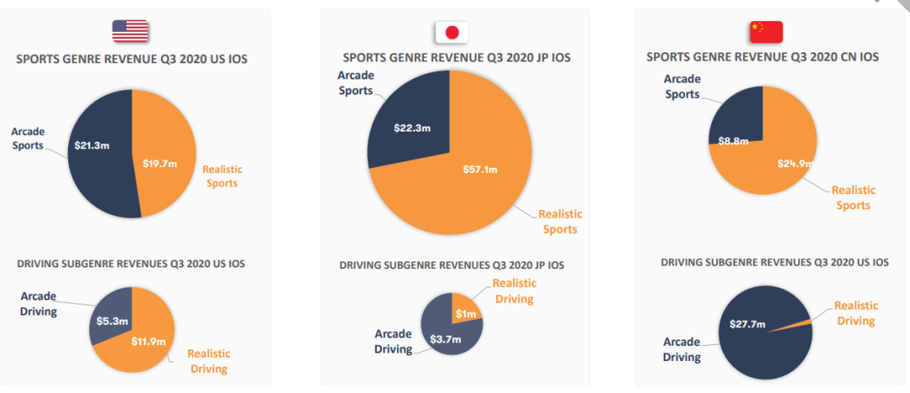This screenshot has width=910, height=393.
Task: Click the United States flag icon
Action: click(x=131, y=31)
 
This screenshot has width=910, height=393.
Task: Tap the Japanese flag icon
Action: click(x=452, y=32)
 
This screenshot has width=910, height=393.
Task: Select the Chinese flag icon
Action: click(x=766, y=31)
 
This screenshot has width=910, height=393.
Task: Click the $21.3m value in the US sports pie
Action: click(x=93, y=145)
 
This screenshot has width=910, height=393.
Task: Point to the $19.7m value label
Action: click(x=161, y=163)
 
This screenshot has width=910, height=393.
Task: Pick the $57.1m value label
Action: click(x=480, y=170)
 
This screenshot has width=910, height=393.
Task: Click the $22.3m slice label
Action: click(x=411, y=127)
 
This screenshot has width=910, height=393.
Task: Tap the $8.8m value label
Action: click(x=734, y=141)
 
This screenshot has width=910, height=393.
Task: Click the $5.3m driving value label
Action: click(x=111, y=320)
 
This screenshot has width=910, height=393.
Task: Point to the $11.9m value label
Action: click(x=148, y=342)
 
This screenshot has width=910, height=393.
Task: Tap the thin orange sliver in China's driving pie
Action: click(x=800, y=323)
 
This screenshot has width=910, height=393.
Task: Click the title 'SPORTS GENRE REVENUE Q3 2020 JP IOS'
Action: click(x=456, y=58)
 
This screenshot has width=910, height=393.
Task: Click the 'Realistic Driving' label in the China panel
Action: click(x=855, y=313)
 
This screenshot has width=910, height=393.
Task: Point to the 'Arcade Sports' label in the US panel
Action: click(x=28, y=138)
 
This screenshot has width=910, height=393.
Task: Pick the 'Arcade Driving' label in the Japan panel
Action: click(x=393, y=342)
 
